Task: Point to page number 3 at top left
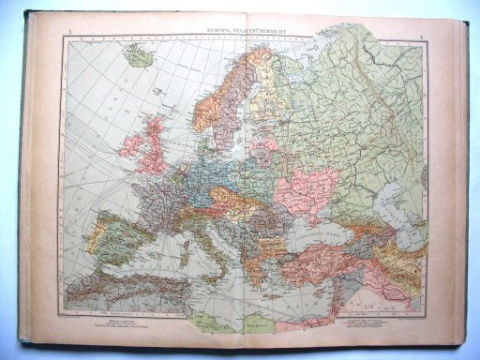pos(70,37)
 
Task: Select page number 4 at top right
pos(423,37)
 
